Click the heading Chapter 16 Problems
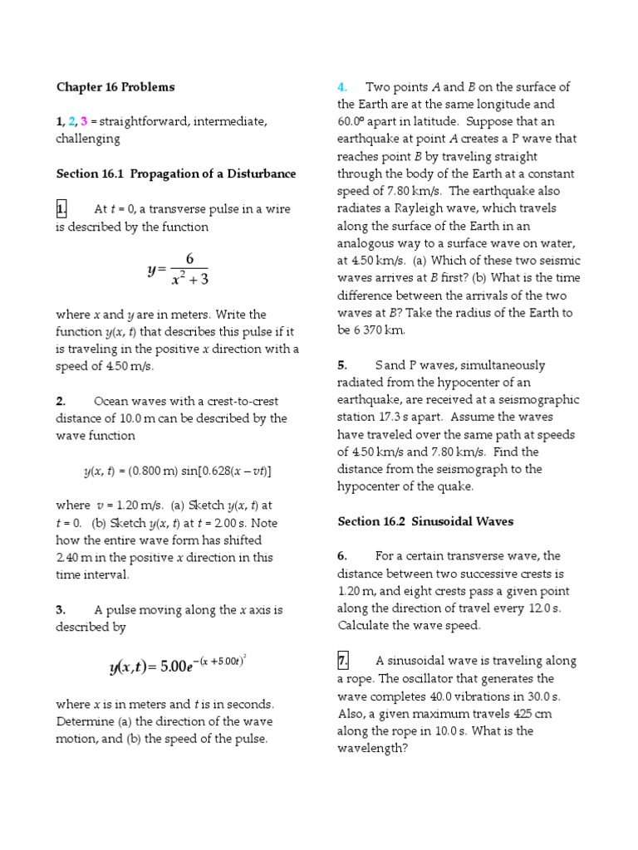pyautogui.click(x=115, y=87)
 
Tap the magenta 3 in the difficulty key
pyautogui.click(x=84, y=122)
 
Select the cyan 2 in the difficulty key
pyautogui.click(x=72, y=122)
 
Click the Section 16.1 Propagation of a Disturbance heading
pyautogui.click(x=176, y=173)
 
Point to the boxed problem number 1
pyautogui.click(x=62, y=209)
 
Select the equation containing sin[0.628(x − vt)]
pyautogui.click(x=177, y=471)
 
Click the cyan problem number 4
pyautogui.click(x=341, y=87)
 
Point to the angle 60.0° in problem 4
pyautogui.click(x=353, y=122)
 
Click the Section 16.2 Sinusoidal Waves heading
pyautogui.click(x=425, y=521)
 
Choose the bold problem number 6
pyautogui.click(x=341, y=556)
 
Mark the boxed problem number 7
pyautogui.click(x=343, y=661)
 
